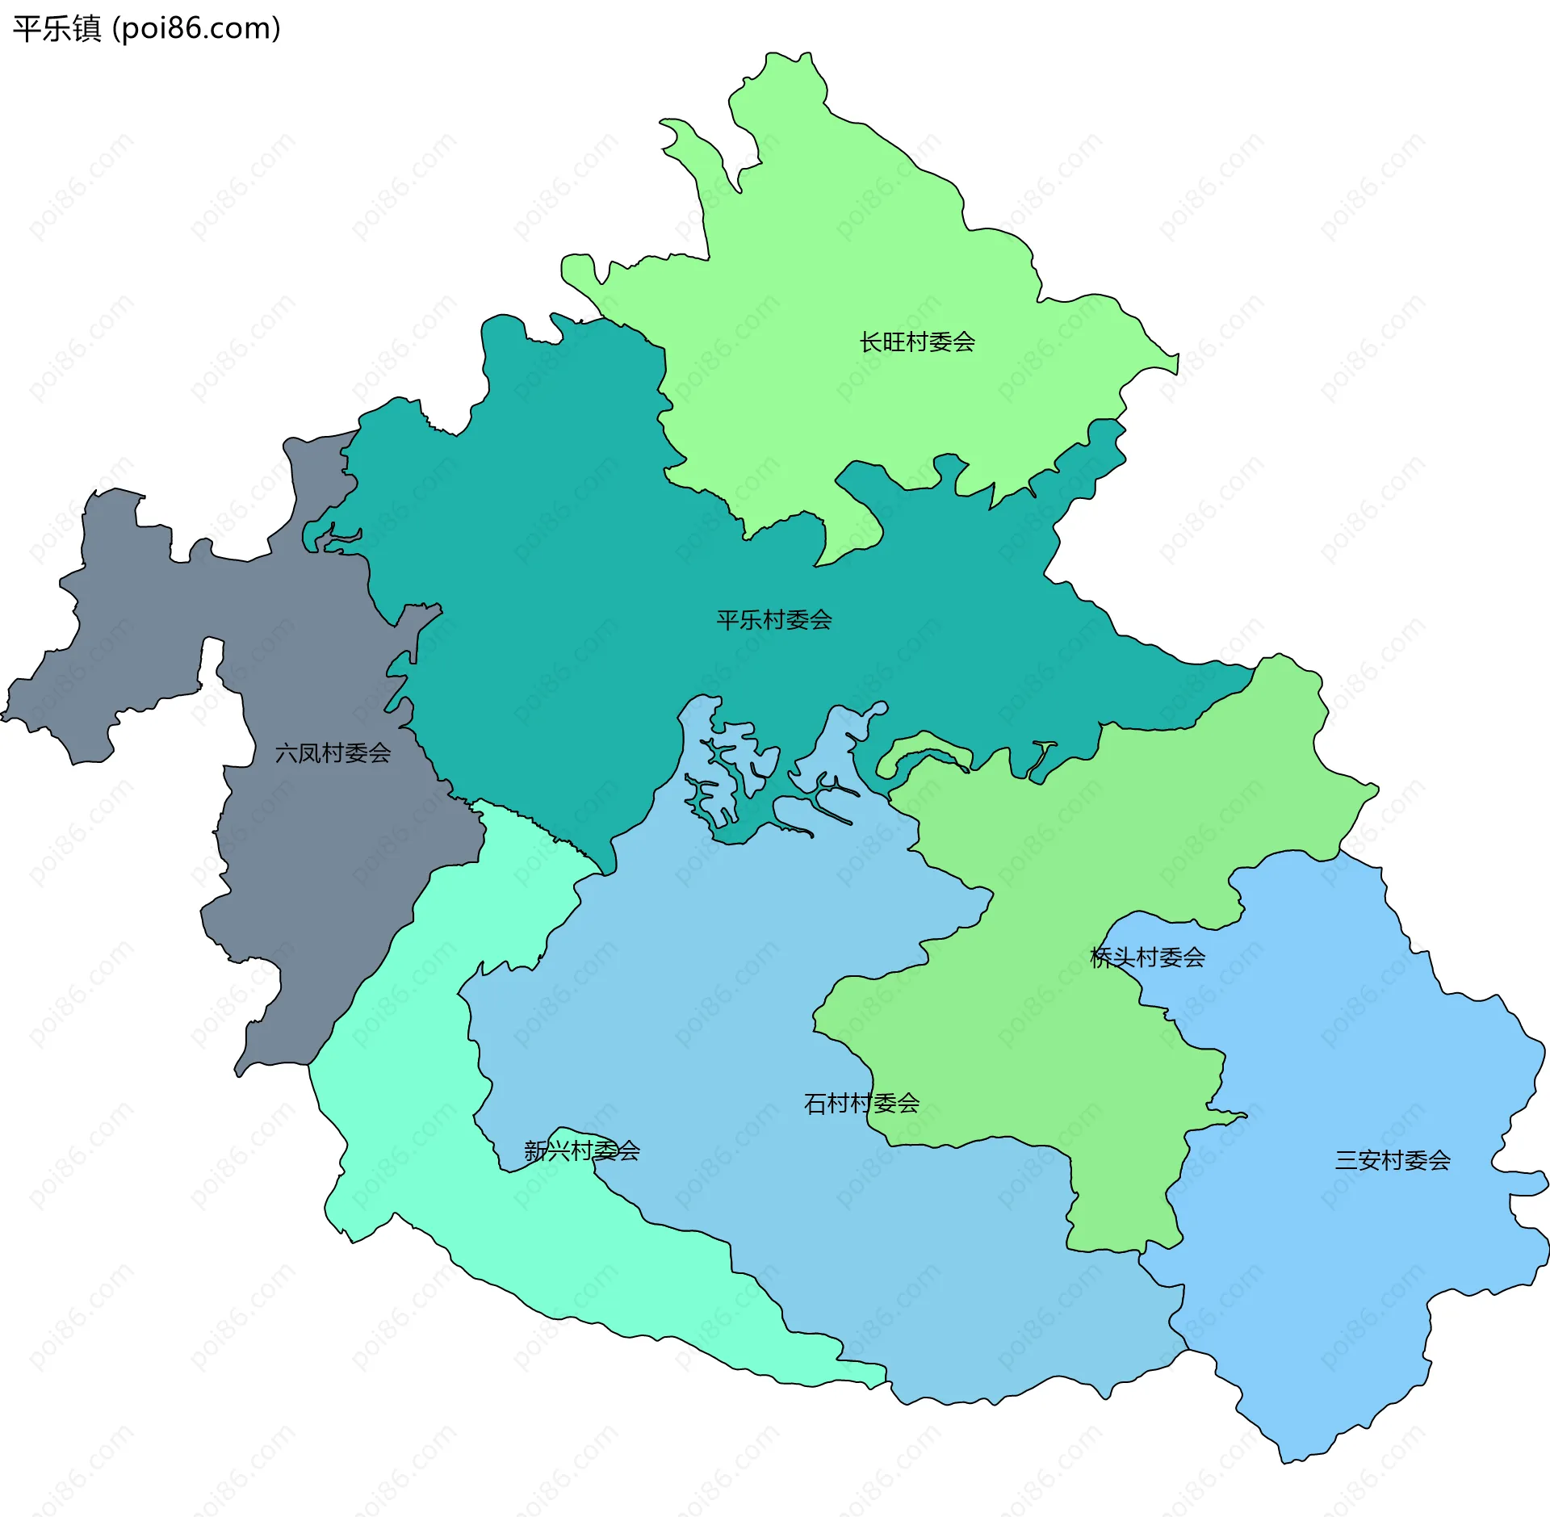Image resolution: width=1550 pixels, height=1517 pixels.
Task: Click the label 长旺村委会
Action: pyautogui.click(x=917, y=342)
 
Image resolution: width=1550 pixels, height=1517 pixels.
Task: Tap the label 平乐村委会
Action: pyautogui.click(x=773, y=620)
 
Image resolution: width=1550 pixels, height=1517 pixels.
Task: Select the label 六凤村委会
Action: pyautogui.click(x=333, y=753)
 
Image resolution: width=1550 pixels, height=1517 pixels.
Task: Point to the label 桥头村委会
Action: pyautogui.click(x=1147, y=958)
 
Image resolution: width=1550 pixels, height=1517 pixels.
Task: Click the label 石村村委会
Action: pyautogui.click(x=861, y=1103)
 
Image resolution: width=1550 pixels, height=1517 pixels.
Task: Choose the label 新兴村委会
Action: pyautogui.click(x=581, y=1150)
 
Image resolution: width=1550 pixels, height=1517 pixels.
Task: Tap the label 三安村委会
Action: pyautogui.click(x=1393, y=1160)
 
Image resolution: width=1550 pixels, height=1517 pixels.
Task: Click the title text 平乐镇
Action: pyautogui.click(x=57, y=29)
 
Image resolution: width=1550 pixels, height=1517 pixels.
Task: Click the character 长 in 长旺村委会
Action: pyautogui.click(x=871, y=342)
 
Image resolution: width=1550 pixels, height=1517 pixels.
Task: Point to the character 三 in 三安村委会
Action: pyautogui.click(x=1347, y=1160)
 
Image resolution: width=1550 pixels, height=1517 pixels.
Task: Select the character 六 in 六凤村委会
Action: pyautogui.click(x=287, y=753)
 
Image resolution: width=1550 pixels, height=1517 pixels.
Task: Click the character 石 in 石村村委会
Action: pyautogui.click(x=815, y=1103)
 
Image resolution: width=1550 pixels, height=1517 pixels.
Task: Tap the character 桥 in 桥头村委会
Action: pyautogui.click(x=1101, y=958)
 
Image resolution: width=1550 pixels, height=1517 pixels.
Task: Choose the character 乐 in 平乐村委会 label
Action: pyautogui.click(x=751, y=620)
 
